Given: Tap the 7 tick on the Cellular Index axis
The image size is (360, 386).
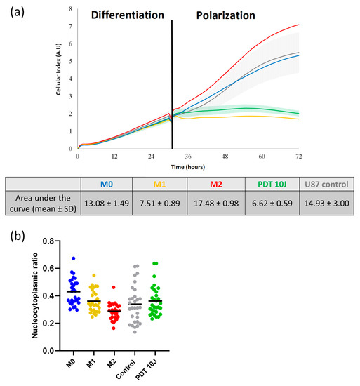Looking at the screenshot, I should point(70,26).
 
